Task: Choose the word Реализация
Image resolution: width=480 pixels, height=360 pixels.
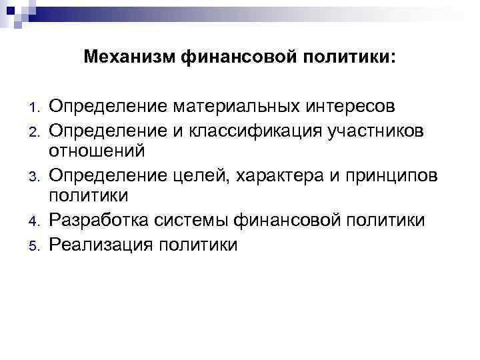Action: coord(100,244)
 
